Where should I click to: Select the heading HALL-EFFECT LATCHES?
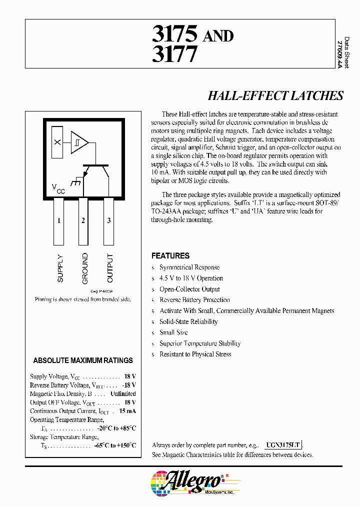pos(275,96)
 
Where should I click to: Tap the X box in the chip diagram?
pos(57,142)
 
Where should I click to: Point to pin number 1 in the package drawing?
pos(59,220)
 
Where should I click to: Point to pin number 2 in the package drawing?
pos(83,220)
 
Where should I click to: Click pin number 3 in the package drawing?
pos(108,220)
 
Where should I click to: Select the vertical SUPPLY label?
pos(60,268)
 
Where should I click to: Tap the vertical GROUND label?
pos(85,268)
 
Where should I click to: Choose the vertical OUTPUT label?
pos(110,268)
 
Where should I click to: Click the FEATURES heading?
pos(170,255)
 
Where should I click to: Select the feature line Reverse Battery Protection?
pos(194,300)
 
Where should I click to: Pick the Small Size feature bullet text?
pos(174,332)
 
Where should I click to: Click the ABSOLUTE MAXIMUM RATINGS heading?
pos(83,360)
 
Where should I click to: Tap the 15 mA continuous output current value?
pos(127,411)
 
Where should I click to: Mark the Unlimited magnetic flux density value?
pos(123,394)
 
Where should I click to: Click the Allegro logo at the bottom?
pos(187,482)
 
